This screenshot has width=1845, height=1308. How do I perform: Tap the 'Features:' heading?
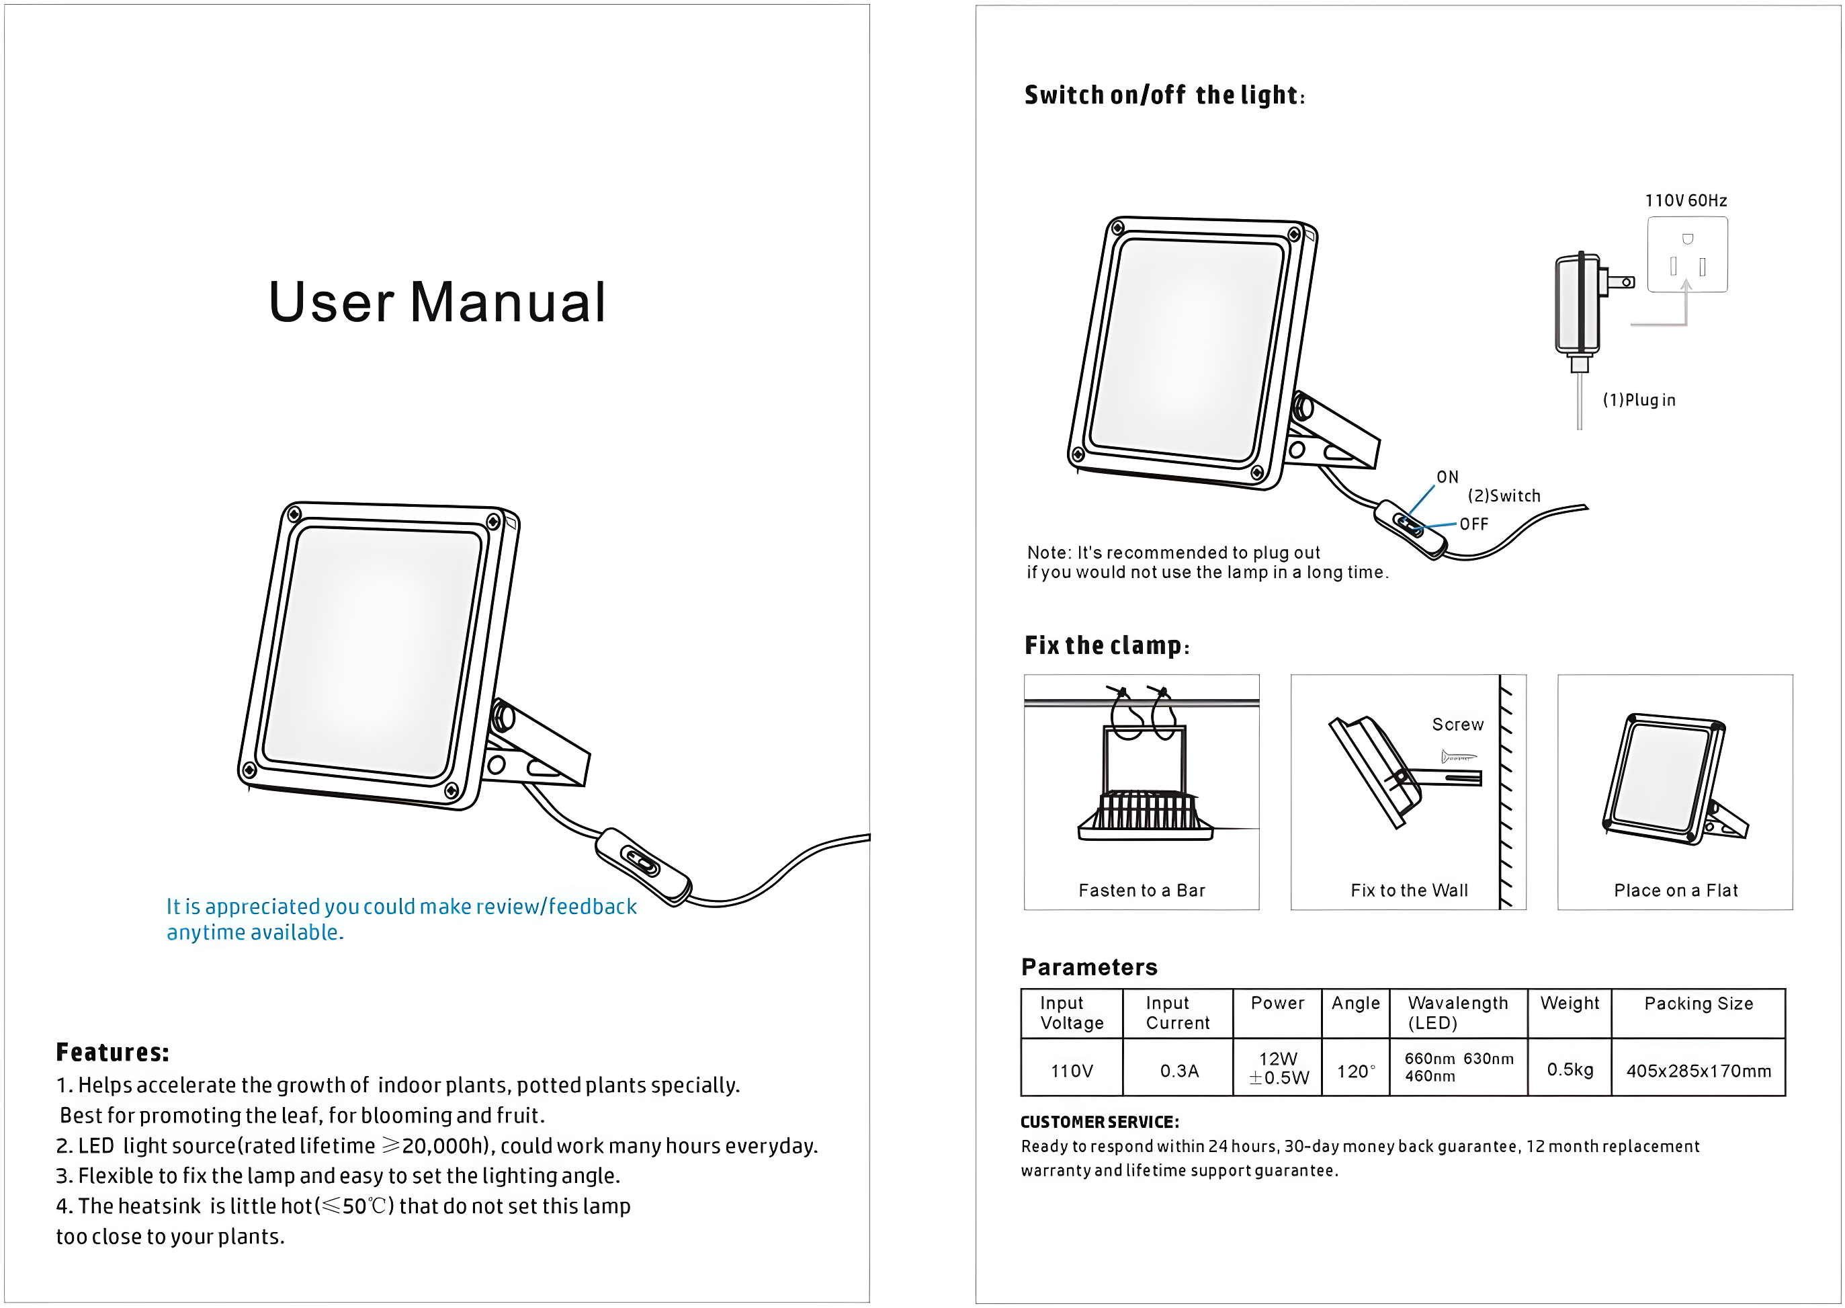[x=113, y=1052]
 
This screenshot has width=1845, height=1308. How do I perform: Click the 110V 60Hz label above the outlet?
[x=1686, y=200]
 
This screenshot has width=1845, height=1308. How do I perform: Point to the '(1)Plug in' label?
[x=1639, y=401]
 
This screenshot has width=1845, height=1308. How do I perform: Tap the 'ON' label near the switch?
[x=1447, y=477]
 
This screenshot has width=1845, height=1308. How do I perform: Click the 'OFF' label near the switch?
[x=1474, y=524]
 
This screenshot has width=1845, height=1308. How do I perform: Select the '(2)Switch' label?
[x=1504, y=496]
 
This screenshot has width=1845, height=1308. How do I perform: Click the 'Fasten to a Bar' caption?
[x=1142, y=890]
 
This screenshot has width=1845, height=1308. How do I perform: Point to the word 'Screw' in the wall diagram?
[x=1457, y=724]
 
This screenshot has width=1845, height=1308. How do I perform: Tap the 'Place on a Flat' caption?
[x=1675, y=890]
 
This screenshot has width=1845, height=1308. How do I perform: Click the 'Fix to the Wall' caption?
[x=1409, y=890]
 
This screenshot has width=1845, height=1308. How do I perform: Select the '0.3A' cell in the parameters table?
[x=1179, y=1071]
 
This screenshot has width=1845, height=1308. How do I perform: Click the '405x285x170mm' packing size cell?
[x=1699, y=1071]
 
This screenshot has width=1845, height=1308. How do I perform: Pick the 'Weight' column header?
[x=1570, y=1004]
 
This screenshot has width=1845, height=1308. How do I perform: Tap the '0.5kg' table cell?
[x=1570, y=1069]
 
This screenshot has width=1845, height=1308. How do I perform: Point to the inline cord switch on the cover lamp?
[x=642, y=865]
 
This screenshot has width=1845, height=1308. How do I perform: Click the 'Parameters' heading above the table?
[x=1089, y=967]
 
